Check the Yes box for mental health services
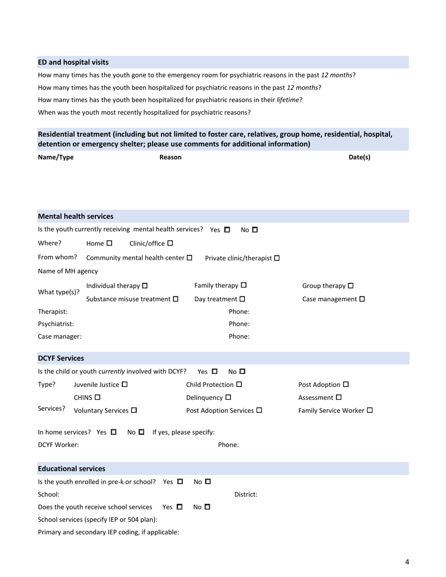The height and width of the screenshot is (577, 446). coord(227,230)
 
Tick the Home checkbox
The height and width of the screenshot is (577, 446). coord(109,243)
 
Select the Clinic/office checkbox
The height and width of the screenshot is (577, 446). coord(170,243)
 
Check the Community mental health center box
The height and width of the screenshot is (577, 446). coord(190,258)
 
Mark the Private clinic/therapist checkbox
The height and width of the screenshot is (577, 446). coord(277,258)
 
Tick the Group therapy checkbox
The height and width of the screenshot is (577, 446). coord(351,286)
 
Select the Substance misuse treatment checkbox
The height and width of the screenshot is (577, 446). coord(176,299)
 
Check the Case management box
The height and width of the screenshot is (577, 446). coord(362,299)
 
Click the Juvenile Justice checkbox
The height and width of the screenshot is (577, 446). coord(124,385)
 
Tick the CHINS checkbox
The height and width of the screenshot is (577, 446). coord(98,397)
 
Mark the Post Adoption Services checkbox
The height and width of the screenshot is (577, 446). coord(259,410)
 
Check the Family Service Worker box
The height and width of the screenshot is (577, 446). coord(369,410)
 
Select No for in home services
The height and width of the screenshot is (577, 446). coord(141,432)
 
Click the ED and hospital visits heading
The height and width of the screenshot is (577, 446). coord(73,62)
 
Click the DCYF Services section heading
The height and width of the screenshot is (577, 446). coord(61,358)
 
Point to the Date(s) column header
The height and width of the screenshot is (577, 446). coord(359,157)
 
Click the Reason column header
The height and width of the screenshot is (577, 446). coord(170,157)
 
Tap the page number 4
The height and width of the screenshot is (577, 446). coord(407,562)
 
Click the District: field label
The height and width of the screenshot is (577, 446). coord(246,494)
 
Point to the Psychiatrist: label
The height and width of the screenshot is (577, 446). coord(56,324)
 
